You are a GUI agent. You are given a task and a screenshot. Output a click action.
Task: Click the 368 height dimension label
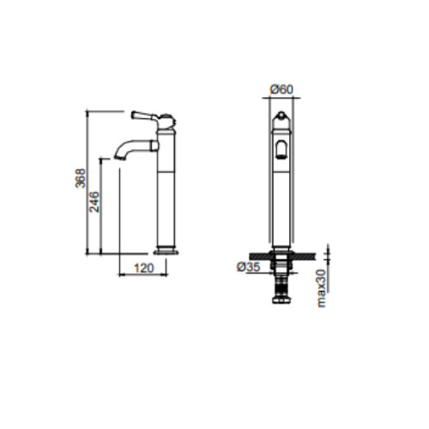pos(81,178)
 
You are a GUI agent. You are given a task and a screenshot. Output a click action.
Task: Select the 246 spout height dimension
pos(94,202)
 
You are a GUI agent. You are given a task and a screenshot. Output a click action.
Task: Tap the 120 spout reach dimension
pos(144,269)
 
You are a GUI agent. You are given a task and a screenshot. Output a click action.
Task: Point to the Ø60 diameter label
pos(281,90)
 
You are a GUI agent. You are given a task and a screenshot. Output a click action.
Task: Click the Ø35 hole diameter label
pos(249,267)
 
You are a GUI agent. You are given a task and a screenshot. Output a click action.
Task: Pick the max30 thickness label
pos(322,288)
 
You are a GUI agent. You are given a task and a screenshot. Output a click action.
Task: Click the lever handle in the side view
pos(144,116)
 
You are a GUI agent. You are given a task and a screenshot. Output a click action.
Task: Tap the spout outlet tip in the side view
pos(120,157)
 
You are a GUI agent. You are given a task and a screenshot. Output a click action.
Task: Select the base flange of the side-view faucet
pos(166,252)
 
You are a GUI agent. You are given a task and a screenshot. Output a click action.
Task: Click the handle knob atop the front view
pos(281,115)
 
